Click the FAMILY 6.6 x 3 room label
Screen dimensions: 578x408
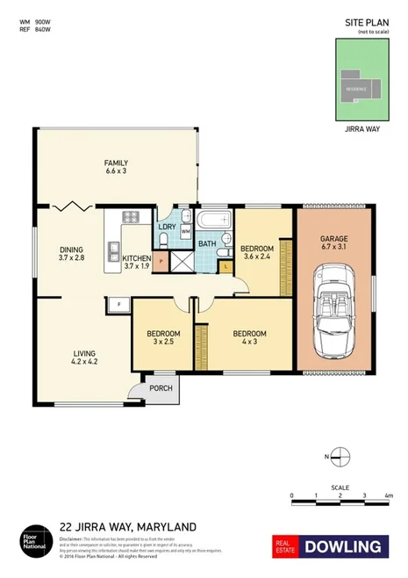[x=116, y=167]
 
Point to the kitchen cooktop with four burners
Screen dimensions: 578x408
[x=132, y=218]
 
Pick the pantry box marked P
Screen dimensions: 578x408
[x=161, y=262]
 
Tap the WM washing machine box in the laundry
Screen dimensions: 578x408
[x=185, y=231]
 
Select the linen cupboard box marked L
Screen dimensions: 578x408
[x=226, y=265]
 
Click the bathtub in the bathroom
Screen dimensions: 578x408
[x=213, y=220]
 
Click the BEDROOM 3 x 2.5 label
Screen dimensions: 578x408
[x=163, y=338]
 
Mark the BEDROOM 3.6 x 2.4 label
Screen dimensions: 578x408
[x=257, y=253]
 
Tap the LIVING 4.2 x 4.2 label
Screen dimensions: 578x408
[x=84, y=358]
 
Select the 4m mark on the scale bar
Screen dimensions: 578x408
[x=387, y=496]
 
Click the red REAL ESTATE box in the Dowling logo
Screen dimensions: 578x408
[x=285, y=546]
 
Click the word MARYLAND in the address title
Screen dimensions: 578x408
[x=163, y=527]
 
